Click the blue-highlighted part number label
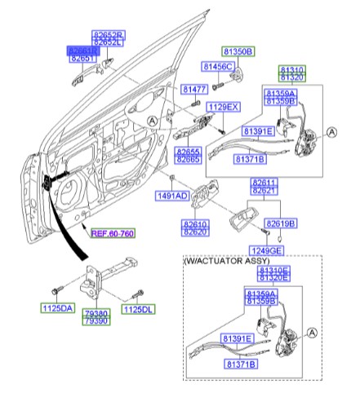click(x=82, y=50)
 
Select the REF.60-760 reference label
click(x=113, y=233)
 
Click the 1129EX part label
click(x=222, y=107)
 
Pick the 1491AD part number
click(x=171, y=196)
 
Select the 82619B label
click(x=280, y=223)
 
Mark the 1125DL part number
click(x=137, y=308)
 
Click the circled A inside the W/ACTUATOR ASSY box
click(x=312, y=332)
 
